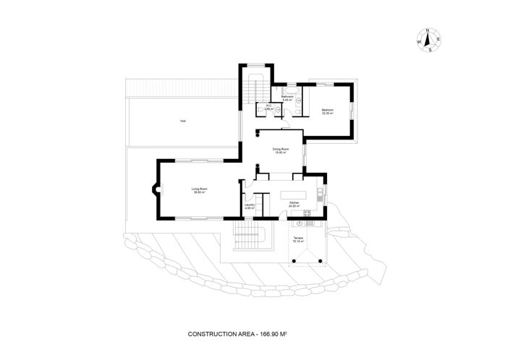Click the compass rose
click(428, 40)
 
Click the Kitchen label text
click(294, 204)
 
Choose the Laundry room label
click(249, 206)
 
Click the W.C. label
click(268, 107)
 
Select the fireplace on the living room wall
click(154, 192)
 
